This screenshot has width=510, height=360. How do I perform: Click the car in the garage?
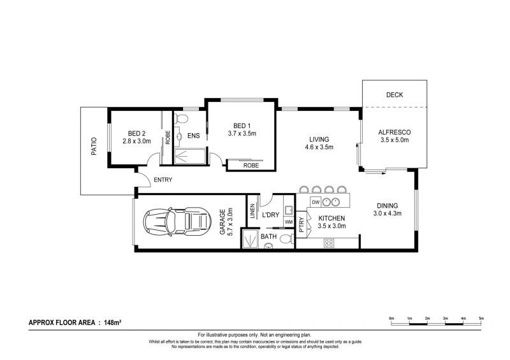tap(177, 222)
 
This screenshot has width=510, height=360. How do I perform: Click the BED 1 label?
tap(241, 126)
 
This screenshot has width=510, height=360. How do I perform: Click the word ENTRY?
tap(163, 180)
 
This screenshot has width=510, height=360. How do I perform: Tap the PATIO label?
tap(93, 149)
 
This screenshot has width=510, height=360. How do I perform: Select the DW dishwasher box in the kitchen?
tap(314, 203)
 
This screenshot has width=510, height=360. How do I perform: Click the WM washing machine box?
tap(288, 222)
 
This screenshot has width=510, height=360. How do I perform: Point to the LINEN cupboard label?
tap(253, 210)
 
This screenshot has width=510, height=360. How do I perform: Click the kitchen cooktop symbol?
tap(330, 242)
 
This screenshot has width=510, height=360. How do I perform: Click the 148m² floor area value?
tap(110, 323)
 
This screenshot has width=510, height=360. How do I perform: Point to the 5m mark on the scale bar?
tap(481, 317)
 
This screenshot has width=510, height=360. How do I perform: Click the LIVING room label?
tap(319, 139)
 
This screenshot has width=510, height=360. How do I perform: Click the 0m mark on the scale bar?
tap(391, 317)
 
